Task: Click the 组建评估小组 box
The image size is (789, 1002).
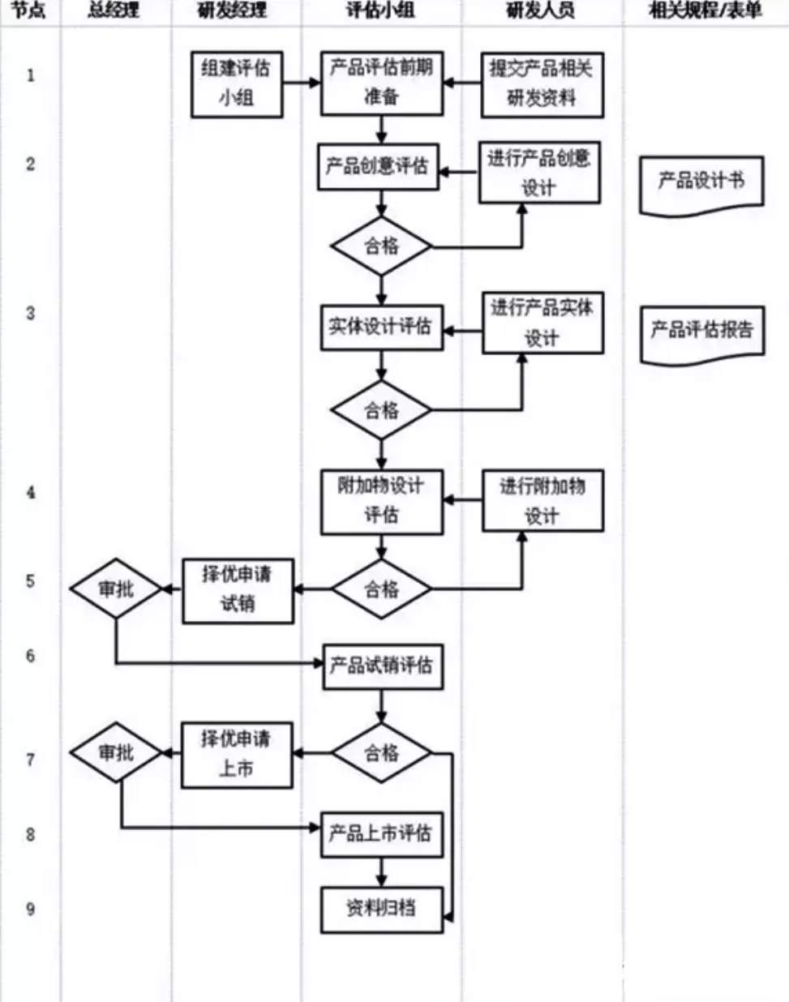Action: pos(237,83)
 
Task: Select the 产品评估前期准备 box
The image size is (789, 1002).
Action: pos(381,83)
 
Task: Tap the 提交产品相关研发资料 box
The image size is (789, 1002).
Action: pos(542,84)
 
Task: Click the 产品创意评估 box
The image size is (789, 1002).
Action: pos(378,167)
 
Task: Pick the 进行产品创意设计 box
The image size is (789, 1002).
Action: pos(539,173)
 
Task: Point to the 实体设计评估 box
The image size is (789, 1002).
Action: pos(381,328)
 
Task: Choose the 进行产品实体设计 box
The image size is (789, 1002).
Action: pos(542,323)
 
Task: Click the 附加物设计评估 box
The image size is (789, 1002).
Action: pos(381,502)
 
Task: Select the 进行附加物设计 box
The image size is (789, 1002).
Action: pos(542,501)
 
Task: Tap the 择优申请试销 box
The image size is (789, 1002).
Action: pos(238,591)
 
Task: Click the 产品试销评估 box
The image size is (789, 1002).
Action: pos(382,667)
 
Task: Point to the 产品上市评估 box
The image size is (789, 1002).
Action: pos(381,834)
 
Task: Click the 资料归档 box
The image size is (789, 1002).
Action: pos(381,910)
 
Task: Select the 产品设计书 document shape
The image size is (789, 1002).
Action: pos(701,183)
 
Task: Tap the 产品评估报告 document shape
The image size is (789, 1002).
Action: pos(702,332)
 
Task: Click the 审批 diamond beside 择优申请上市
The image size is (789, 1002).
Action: pos(117,753)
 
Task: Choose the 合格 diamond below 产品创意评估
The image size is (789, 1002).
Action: pos(381,246)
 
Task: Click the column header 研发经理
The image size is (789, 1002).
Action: pos(233,11)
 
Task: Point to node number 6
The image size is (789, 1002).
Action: pos(31,656)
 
